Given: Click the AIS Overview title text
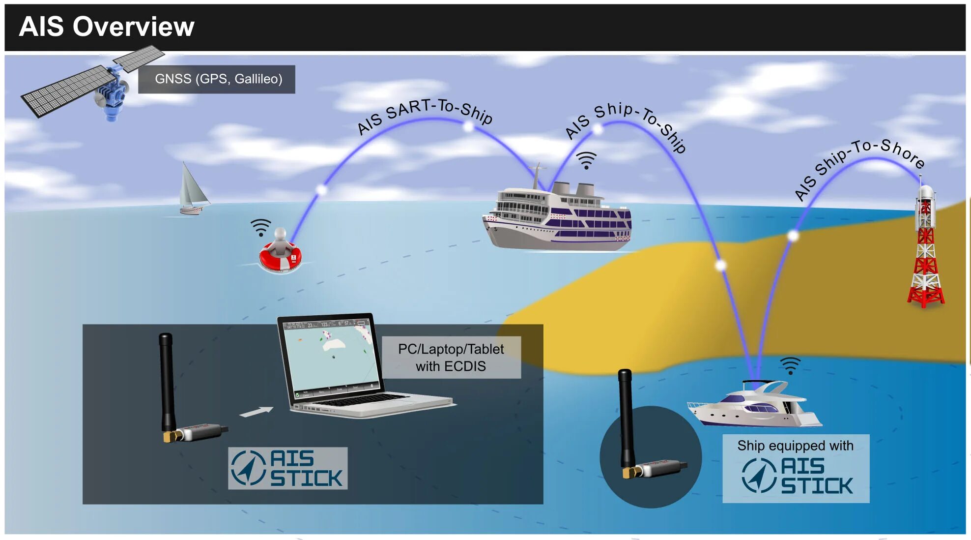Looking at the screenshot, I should click(107, 27).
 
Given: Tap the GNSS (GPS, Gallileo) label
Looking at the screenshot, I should click(218, 79).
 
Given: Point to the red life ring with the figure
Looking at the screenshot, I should click(280, 256).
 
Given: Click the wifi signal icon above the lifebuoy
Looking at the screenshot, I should click(260, 227).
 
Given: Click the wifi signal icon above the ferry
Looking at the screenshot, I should click(586, 160).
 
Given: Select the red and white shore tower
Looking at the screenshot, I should click(925, 251).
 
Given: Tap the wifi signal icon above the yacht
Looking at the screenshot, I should click(790, 365).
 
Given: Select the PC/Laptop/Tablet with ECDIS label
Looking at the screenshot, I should click(451, 358).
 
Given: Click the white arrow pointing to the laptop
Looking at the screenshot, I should click(256, 411).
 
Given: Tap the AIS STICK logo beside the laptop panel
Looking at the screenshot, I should click(288, 468).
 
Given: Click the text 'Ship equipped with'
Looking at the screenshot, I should click(795, 446).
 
